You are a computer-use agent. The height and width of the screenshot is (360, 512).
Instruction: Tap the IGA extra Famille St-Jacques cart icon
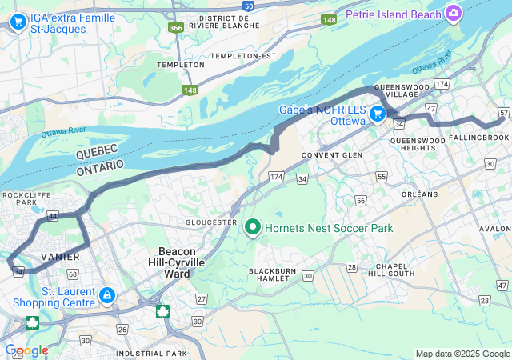click(x=18, y=23)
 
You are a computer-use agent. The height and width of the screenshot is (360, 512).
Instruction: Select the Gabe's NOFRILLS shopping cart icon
click(x=376, y=114)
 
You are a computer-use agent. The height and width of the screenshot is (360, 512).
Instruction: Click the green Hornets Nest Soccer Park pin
click(x=253, y=228)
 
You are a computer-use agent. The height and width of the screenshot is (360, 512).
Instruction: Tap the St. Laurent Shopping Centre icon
click(x=106, y=297)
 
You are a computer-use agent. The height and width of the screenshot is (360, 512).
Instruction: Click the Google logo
click(x=26, y=350)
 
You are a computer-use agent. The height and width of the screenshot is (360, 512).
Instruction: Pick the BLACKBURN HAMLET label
click(x=274, y=276)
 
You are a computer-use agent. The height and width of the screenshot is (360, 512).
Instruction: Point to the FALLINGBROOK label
click(x=478, y=138)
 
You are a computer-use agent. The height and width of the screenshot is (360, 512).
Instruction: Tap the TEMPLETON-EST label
click(x=242, y=56)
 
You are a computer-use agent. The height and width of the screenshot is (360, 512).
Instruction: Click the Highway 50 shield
click(x=249, y=6)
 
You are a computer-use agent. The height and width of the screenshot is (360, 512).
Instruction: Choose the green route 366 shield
click(x=176, y=28)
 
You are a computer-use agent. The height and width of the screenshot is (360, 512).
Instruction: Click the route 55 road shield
click(x=382, y=176)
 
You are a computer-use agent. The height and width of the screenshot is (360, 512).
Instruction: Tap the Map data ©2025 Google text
click(x=462, y=354)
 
